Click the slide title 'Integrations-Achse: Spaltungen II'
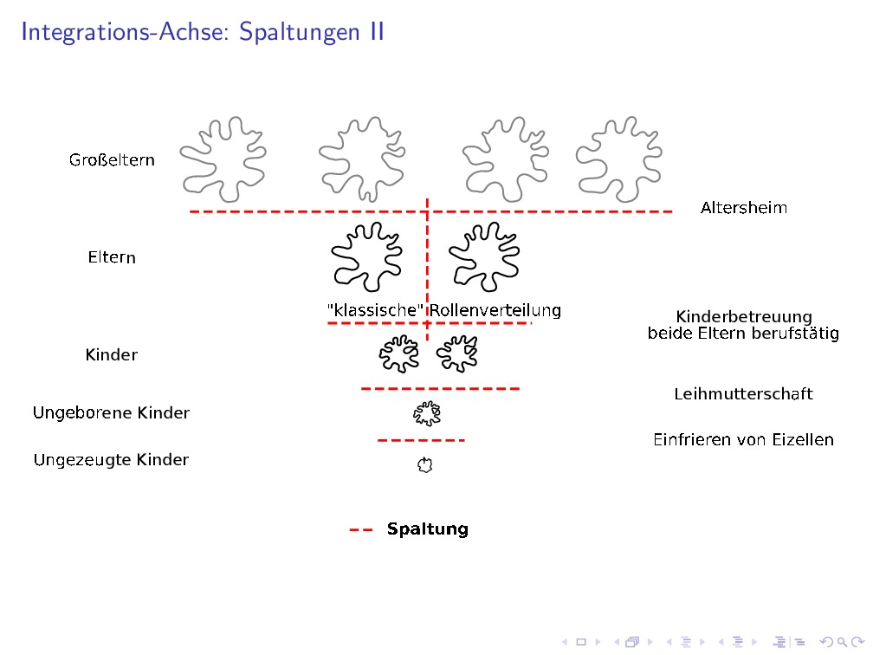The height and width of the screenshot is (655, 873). point(203,32)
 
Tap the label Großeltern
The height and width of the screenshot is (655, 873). point(112,160)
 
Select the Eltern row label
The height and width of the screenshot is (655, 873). point(112,257)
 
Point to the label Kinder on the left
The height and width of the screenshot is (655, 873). point(111,355)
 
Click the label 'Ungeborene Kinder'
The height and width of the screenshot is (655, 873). point(111,413)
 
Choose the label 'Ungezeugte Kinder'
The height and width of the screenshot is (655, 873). point(111,460)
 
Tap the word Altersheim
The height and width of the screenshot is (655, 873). point(743,208)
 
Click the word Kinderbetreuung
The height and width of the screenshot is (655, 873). point(743,317)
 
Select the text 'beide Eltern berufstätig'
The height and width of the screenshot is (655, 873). point(743,334)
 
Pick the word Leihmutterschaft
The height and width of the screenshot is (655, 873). point(743,394)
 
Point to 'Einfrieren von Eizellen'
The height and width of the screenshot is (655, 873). point(743,440)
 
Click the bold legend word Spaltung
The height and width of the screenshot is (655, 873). point(427,529)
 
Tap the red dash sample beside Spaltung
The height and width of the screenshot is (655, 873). point(361,529)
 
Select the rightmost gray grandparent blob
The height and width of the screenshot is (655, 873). point(616,156)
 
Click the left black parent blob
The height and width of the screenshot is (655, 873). point(365,255)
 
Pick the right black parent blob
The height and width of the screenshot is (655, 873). point(482,255)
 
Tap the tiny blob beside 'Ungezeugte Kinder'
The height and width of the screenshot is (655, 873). point(424,465)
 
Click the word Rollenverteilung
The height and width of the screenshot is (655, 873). point(495,310)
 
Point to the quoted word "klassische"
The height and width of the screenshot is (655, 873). point(375,310)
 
